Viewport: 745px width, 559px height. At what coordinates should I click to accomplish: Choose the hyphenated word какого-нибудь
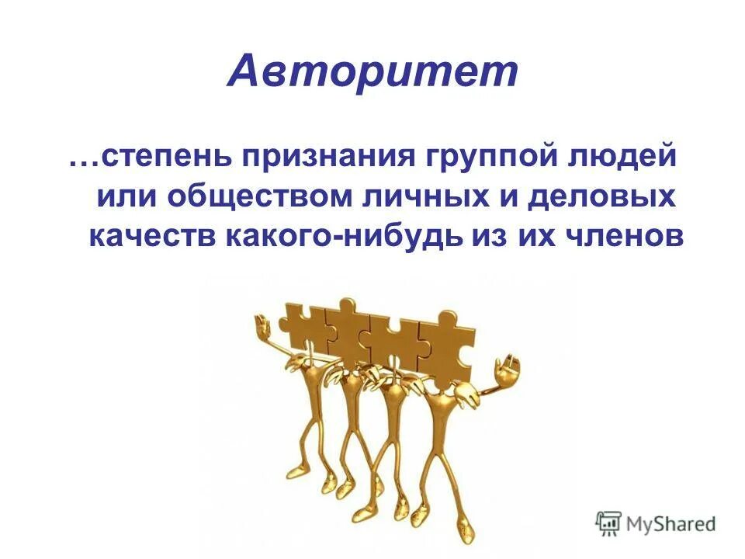point(344,236)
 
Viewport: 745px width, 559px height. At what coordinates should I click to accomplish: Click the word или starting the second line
point(124,196)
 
